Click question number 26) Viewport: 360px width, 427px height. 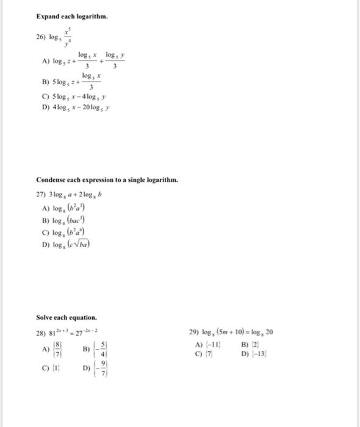click(x=42, y=38)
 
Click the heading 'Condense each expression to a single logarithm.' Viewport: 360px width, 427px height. click(x=107, y=180)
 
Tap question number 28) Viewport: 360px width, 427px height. click(x=42, y=333)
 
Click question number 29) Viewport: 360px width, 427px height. click(x=196, y=333)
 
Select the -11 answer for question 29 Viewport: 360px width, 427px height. click(x=211, y=344)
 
